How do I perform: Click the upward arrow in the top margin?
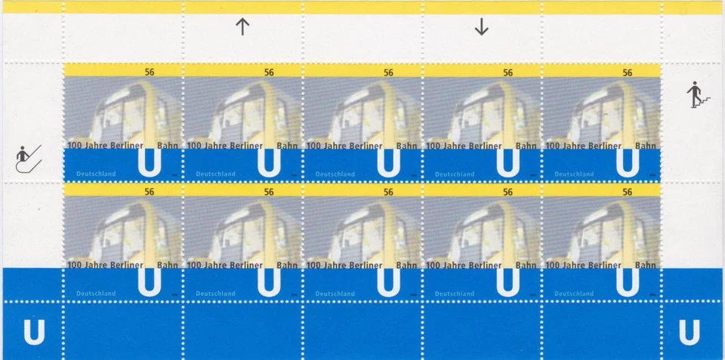242,27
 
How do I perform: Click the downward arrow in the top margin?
481,27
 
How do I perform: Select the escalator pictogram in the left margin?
29,158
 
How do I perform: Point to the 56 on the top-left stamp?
150,73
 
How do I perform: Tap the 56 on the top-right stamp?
627,73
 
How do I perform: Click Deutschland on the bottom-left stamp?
96,294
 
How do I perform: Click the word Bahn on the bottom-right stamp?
646,265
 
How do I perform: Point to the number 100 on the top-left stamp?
74,146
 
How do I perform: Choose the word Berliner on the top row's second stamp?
246,146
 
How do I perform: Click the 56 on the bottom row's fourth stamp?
508,192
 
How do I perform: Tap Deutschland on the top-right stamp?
573,174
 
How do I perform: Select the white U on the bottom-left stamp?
150,281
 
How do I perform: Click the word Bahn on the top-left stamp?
168,146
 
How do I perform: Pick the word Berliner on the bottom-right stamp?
604,265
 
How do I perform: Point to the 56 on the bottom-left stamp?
150,192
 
